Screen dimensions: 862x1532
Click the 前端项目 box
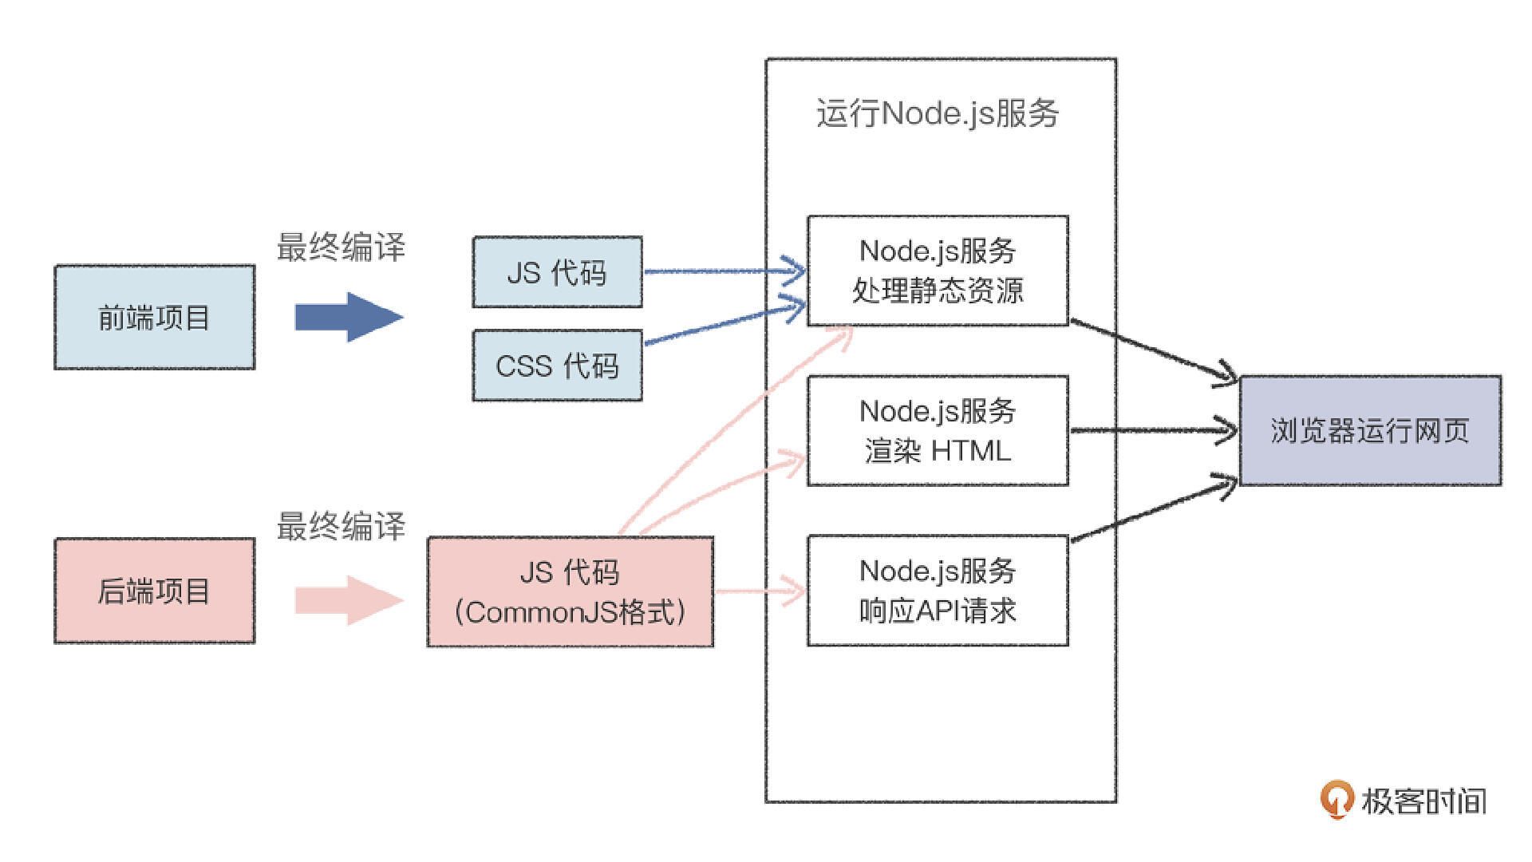[154, 317]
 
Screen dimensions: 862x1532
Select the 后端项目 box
[154, 591]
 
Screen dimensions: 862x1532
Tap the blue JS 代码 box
[557, 272]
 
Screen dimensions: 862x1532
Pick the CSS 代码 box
[557, 366]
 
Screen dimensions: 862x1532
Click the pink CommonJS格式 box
[571, 591]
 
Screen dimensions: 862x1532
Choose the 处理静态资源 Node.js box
[938, 271]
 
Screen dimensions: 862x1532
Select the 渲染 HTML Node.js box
[938, 431]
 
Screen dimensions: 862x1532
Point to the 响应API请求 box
[938, 591]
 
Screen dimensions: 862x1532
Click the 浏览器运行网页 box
[1370, 431]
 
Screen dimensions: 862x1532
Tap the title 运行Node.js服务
[938, 113]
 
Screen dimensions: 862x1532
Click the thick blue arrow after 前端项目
[349, 317]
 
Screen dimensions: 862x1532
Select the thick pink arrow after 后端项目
[349, 600]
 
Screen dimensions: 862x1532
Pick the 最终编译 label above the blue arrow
[341, 247]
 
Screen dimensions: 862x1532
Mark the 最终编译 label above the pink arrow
[341, 527]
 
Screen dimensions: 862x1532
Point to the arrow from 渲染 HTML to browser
[1153, 431]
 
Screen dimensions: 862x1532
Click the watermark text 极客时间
[1424, 801]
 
